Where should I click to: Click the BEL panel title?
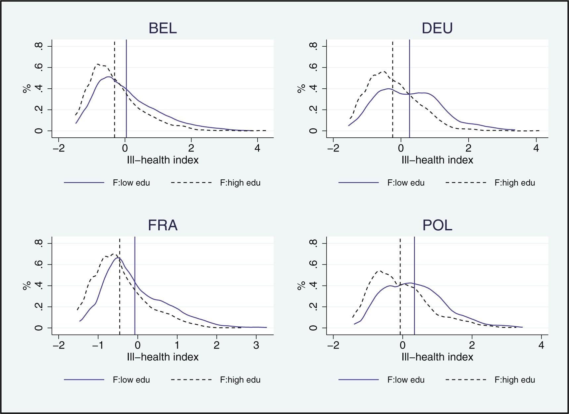pos(163,28)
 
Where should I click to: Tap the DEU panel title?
pos(437,28)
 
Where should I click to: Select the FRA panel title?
pos(163,226)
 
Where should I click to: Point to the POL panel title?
pos(437,226)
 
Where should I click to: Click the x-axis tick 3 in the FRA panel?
pos(256,345)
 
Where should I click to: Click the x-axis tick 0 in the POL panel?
pos(403,345)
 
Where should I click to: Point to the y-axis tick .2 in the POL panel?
pos(314,307)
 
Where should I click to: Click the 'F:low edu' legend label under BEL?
pos(131,183)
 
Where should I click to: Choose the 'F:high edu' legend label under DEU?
pos(515,183)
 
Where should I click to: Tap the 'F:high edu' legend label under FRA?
pos(240,380)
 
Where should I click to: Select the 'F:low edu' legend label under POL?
pos(406,380)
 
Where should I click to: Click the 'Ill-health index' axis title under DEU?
pos(437,160)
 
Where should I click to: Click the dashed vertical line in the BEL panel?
pos(114,99)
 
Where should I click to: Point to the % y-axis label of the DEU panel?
pos(301,89)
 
